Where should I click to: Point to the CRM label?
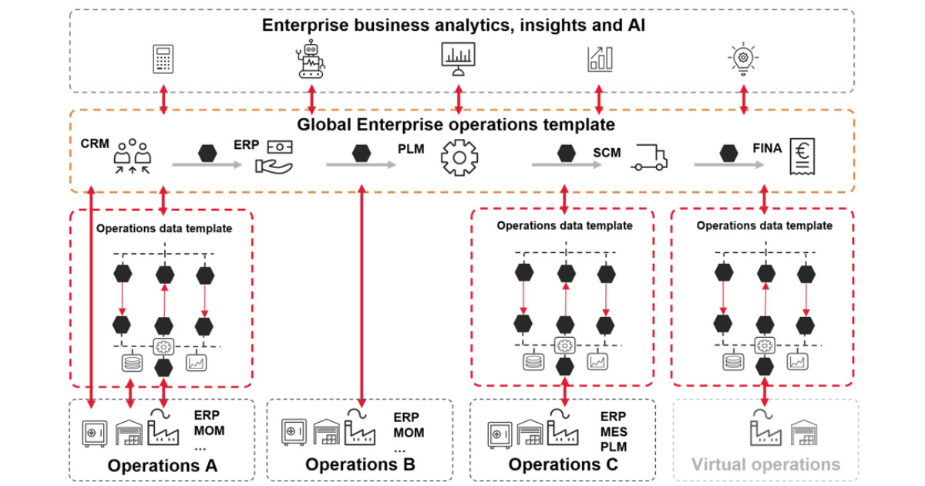click(94, 144)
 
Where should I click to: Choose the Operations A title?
click(163, 465)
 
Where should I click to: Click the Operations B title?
click(360, 464)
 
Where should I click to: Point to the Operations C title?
click(563, 464)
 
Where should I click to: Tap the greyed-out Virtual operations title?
click(765, 464)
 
